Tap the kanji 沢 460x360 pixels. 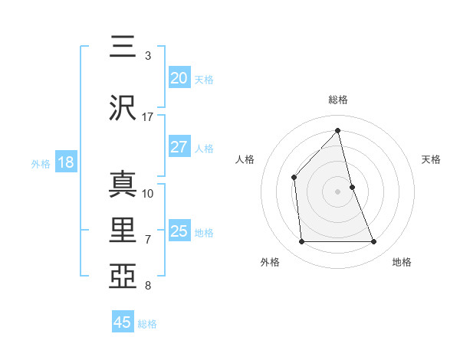click(123, 107)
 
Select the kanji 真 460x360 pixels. click(123, 183)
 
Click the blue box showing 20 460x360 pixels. click(179, 78)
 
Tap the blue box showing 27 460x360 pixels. click(179, 147)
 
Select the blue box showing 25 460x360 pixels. click(179, 231)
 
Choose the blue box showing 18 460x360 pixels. click(65, 162)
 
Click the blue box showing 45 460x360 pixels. click(123, 322)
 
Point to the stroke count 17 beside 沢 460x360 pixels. click(148, 117)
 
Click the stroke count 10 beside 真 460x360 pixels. click(148, 193)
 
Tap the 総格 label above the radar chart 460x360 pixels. click(338, 100)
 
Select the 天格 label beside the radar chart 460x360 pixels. click(432, 159)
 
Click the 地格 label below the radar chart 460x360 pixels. click(402, 262)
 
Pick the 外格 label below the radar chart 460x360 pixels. click(270, 262)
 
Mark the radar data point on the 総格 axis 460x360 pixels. click(338, 130)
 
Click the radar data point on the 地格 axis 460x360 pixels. click(374, 242)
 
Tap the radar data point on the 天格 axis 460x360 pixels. click(352, 186)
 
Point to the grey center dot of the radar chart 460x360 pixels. click(338, 191)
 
